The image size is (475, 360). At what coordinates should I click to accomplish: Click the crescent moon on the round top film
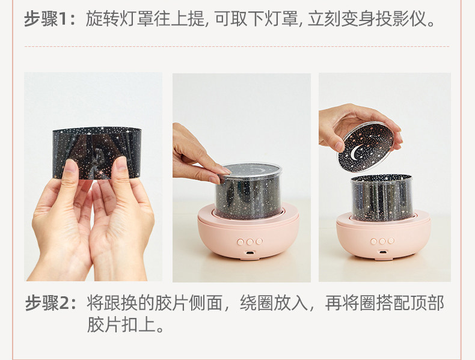coord(357,151)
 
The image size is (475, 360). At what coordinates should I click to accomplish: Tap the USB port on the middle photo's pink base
coord(250,253)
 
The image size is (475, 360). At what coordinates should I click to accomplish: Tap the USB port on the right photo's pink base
coord(382,252)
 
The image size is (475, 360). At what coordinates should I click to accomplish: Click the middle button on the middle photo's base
coord(250,242)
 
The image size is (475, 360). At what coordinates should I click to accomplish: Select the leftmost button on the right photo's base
coord(374,241)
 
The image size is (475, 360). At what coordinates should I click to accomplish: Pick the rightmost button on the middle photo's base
coord(259,242)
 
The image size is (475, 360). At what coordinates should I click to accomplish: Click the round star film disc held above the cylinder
coord(366,147)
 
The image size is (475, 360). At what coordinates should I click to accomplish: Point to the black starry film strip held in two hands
coord(97,153)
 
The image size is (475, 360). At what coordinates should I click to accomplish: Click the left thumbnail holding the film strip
coord(70,166)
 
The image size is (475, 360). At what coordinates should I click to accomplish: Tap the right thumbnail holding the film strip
coord(121,163)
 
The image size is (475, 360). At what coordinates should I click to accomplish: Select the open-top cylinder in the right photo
coord(382,197)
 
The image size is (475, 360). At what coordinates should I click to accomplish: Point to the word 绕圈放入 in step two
coord(274,303)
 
